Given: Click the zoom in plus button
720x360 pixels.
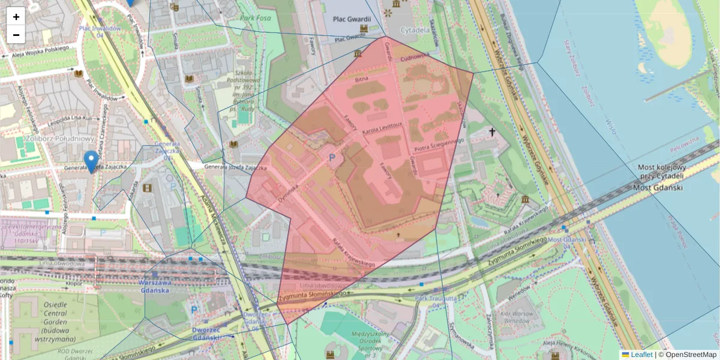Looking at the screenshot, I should [x=16, y=17].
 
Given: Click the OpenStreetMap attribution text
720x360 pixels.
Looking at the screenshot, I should [x=687, y=355].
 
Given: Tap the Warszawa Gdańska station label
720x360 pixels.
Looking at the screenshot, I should [x=154, y=286].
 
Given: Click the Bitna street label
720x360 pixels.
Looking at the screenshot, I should [x=361, y=79].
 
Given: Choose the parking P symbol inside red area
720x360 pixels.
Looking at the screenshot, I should [x=333, y=158].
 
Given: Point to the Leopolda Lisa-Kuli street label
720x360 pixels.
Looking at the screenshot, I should [x=73, y=118].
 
